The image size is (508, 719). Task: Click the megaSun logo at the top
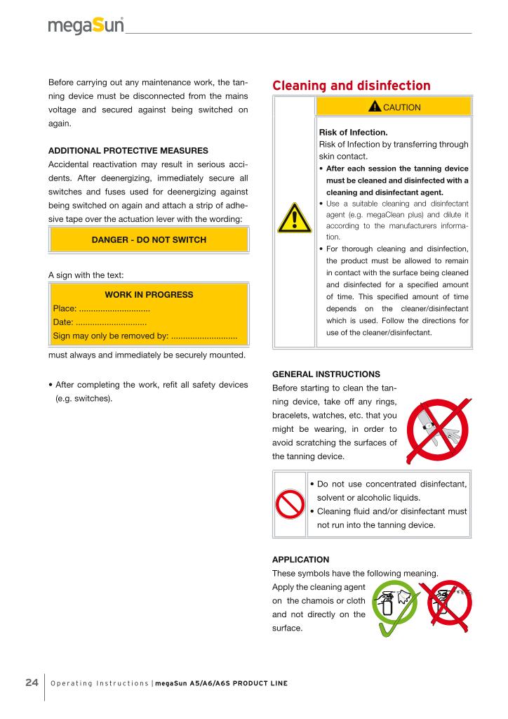pos(86,26)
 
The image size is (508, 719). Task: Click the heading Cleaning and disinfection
pos(351,86)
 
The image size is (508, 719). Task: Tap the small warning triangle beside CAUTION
pos(375,107)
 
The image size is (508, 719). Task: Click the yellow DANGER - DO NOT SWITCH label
pos(149,240)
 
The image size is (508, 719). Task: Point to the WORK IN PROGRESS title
pos(149,295)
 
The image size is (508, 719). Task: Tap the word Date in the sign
pos(62,323)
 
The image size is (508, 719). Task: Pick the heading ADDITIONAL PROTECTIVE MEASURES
pos(128,151)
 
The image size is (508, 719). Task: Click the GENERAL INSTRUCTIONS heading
pos(326,374)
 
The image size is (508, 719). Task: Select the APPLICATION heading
pos(300,560)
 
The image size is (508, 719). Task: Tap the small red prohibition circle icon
pos(290,503)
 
